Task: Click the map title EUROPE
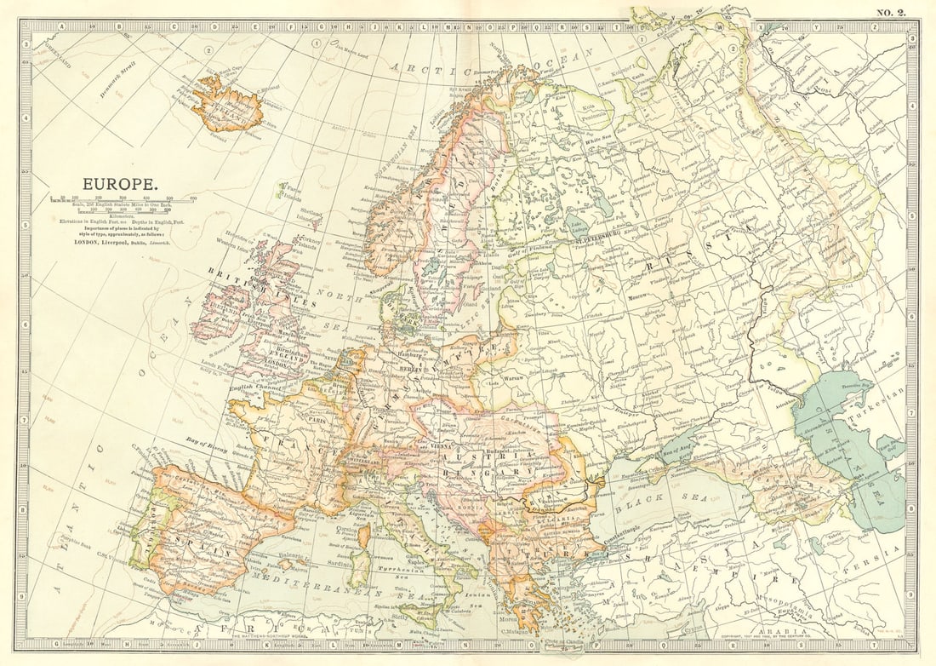click(x=119, y=183)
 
